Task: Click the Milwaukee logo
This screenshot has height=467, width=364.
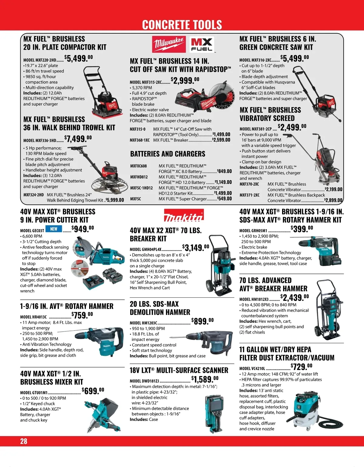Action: click(169, 45)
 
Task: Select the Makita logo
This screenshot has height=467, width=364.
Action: click(184, 215)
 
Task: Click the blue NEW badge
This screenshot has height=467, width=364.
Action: click(54, 229)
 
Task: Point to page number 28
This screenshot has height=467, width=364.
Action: click(24, 441)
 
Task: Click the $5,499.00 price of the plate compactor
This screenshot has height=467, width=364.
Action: click(79, 58)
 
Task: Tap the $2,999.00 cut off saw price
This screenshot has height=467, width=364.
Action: click(185, 80)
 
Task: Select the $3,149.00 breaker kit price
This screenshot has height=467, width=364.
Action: click(196, 248)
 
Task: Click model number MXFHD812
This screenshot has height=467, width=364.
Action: click(139, 177)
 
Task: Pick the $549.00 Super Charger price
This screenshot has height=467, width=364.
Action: click(224, 198)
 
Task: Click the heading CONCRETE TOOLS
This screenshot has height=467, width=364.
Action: click(182, 25)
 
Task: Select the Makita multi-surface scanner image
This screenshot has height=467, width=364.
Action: click(216, 413)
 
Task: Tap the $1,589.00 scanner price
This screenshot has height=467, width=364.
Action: click(205, 379)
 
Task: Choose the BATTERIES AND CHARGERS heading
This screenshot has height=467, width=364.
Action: click(168, 154)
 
